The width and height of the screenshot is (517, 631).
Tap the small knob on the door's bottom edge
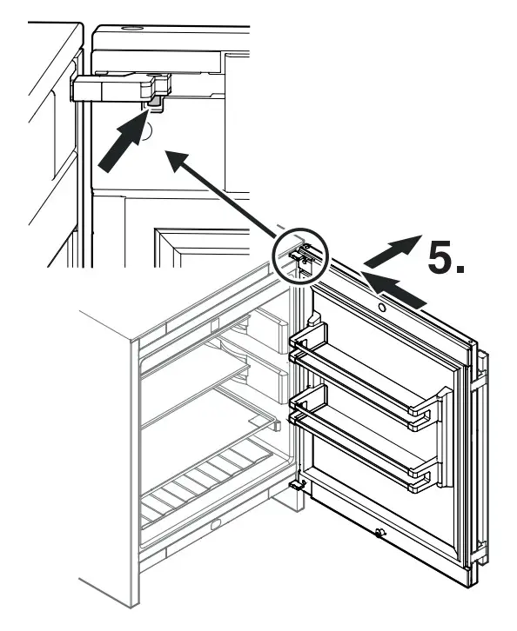(380, 533)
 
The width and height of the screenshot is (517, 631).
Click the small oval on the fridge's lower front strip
(215, 525)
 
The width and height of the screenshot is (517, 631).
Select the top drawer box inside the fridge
(265, 329)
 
